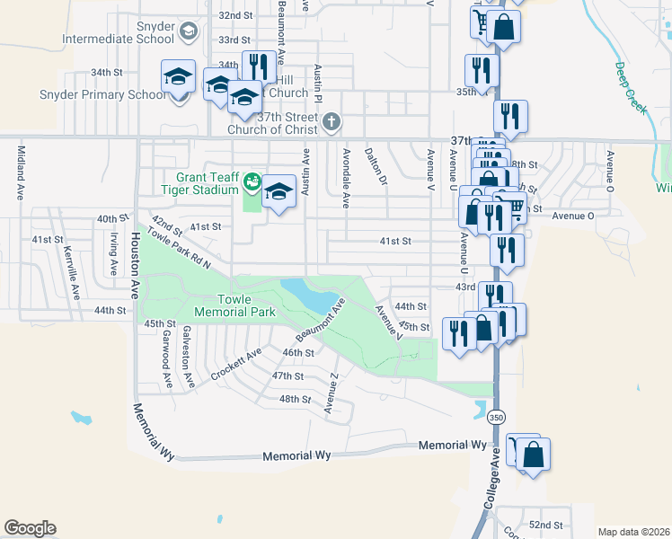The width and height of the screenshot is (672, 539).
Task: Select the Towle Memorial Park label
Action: point(232,305)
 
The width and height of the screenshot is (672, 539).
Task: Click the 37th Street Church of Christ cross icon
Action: point(332,120)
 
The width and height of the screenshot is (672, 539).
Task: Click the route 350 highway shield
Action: point(495,418)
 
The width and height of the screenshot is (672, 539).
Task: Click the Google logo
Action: point(30,528)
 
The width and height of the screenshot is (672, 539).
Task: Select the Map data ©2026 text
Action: point(632,532)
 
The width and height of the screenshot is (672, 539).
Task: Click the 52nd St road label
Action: point(544,525)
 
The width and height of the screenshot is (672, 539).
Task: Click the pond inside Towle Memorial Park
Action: point(311,295)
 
